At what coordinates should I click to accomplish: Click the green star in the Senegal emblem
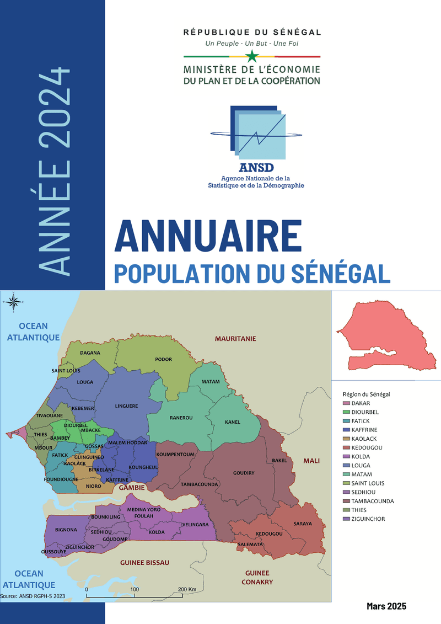click(252, 56)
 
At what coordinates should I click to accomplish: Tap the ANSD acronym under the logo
click(257, 168)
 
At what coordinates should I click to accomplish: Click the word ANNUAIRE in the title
click(208, 236)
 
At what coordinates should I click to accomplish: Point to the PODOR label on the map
click(164, 360)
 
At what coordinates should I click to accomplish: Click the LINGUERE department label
click(126, 406)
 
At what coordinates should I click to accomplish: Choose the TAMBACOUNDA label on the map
click(200, 484)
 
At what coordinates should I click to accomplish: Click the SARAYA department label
click(303, 523)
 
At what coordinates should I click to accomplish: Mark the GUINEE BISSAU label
click(144, 563)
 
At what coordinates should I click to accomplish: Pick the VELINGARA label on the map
click(196, 524)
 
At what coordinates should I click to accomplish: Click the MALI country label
click(312, 461)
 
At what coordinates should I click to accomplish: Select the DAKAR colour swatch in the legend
click(345, 403)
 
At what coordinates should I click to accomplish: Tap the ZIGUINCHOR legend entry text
click(368, 519)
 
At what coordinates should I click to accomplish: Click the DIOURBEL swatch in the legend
click(345, 412)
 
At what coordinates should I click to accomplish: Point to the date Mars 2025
click(386, 606)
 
